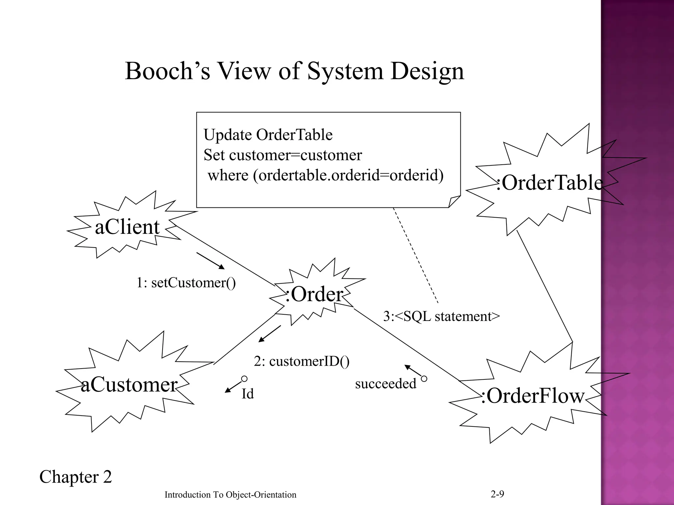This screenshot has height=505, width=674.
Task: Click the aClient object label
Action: pos(127,227)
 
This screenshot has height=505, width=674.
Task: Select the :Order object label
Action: pos(314,294)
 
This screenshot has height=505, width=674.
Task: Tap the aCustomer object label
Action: pos(129,385)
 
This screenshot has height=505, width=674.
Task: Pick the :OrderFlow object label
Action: pos(532,396)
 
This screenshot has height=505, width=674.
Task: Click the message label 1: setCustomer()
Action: pos(186,283)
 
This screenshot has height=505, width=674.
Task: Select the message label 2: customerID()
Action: pos(301,361)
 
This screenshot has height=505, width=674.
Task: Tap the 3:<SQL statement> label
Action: pos(441,316)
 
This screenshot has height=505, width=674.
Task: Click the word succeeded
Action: pos(385,384)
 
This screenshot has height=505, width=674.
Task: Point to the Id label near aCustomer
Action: pos(247,394)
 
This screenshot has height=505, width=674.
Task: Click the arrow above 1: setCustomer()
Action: pos(211,261)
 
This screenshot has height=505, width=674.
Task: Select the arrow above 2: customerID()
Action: pos(270,333)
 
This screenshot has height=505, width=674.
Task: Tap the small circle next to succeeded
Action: pos(424,379)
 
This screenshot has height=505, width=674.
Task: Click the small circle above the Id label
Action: pos(244,379)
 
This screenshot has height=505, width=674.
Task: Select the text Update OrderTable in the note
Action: pos(268,135)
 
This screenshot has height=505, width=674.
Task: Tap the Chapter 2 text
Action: pos(75,477)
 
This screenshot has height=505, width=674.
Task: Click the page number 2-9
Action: pos(497,494)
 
